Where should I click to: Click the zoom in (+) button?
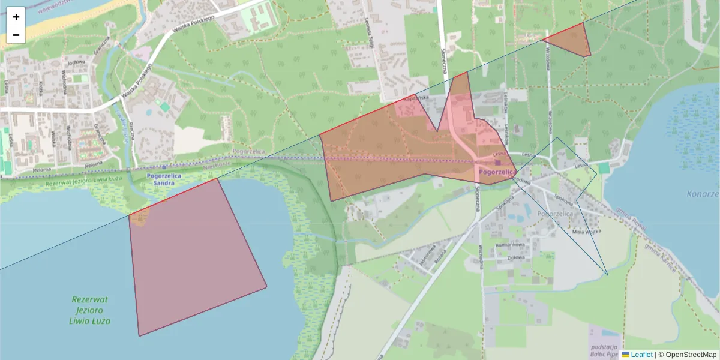[x=16, y=17]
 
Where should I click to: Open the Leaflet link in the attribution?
[x=641, y=355]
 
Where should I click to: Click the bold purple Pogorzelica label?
[x=497, y=172]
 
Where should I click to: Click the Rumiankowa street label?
[x=511, y=245]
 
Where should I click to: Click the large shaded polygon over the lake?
[x=192, y=258]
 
